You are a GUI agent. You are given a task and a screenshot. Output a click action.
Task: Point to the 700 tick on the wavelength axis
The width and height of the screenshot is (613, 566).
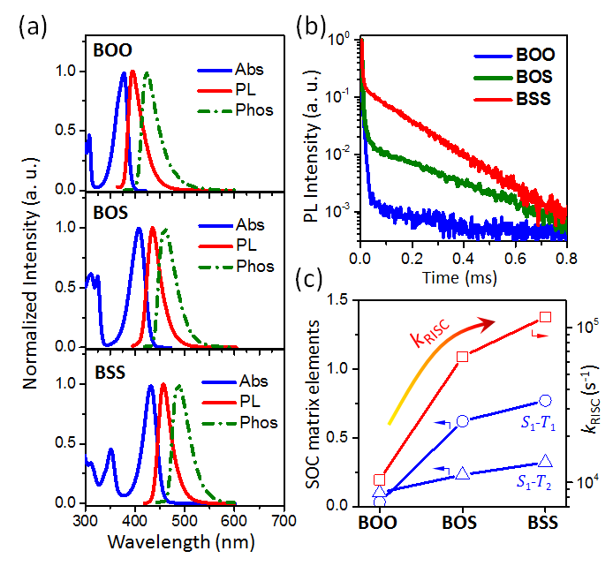click(283, 519)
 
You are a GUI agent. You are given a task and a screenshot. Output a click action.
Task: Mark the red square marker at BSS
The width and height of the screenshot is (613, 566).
click(546, 317)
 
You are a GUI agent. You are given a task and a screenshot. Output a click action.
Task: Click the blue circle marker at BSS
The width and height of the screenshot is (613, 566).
click(546, 401)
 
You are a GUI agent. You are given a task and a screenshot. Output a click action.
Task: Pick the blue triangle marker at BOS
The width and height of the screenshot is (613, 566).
click(463, 474)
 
